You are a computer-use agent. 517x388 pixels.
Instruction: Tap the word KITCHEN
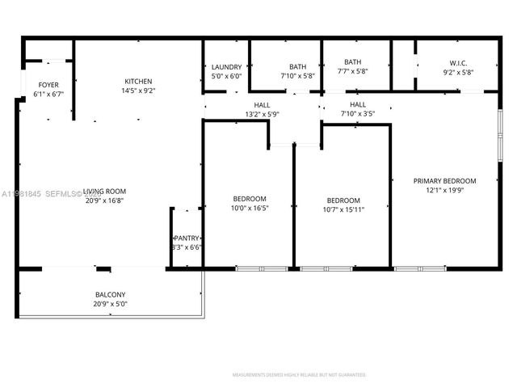(x=138, y=81)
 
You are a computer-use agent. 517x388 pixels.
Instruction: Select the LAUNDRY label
(x=226, y=67)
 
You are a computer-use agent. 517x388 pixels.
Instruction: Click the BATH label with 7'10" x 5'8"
(x=298, y=67)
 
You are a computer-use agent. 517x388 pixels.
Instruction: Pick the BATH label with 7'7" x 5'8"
(x=352, y=61)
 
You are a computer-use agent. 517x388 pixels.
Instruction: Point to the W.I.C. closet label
(x=459, y=62)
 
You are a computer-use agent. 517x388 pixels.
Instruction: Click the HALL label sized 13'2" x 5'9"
(x=263, y=105)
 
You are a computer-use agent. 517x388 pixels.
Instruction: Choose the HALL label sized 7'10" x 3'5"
(x=357, y=105)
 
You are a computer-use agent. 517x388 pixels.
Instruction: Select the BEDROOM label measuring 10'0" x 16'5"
(x=250, y=198)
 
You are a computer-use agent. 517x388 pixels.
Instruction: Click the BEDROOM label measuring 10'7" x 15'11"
(x=343, y=200)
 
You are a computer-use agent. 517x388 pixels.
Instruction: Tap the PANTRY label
(x=187, y=238)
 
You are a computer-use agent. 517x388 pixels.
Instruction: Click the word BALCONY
(x=110, y=294)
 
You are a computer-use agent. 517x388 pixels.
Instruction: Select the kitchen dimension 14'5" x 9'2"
(x=138, y=91)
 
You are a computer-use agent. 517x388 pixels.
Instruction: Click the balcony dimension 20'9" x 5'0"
(x=110, y=304)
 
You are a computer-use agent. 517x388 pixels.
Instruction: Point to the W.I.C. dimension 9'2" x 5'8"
(x=459, y=72)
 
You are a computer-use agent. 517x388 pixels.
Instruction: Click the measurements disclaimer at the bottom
(x=299, y=375)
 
